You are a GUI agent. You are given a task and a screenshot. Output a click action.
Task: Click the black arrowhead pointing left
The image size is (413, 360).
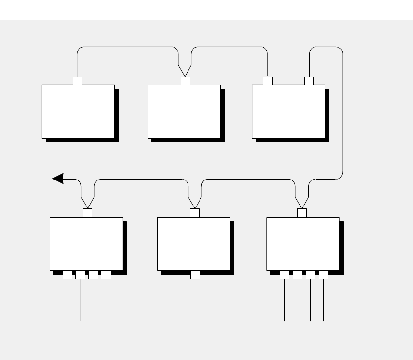pyautogui.click(x=58, y=179)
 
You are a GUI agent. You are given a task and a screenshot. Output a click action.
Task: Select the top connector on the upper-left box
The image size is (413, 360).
pyautogui.click(x=77, y=80)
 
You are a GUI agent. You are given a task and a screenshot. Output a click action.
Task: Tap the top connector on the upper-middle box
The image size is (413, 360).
pyautogui.click(x=185, y=80)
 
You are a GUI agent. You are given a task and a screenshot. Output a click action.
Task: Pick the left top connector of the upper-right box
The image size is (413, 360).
pyautogui.click(x=268, y=80)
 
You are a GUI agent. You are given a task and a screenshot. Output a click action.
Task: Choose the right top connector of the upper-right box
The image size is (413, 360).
pyautogui.click(x=309, y=80)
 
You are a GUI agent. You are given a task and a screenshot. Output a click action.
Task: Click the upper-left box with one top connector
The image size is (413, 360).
pyautogui.click(x=78, y=111)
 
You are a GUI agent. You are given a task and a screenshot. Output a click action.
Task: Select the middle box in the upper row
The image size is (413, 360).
pyautogui.click(x=184, y=111)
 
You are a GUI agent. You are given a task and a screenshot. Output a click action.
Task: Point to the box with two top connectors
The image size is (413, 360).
pyautogui.click(x=288, y=111)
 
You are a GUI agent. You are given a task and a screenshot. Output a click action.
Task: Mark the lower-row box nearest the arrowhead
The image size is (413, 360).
pyautogui.click(x=86, y=244)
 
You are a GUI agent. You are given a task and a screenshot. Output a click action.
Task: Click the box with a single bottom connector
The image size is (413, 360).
pyautogui.click(x=194, y=244)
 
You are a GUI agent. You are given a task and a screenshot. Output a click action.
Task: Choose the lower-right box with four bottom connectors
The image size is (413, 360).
pyautogui.click(x=303, y=244)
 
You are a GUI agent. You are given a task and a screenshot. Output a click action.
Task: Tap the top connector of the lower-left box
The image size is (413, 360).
pyautogui.click(x=88, y=213)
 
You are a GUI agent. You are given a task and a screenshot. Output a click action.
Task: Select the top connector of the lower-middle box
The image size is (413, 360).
pyautogui.click(x=195, y=213)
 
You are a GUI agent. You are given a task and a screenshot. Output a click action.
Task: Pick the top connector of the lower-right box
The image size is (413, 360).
pyautogui.click(x=302, y=213)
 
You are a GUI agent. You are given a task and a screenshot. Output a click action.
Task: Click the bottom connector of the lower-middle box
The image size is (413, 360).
pyautogui.click(x=195, y=275)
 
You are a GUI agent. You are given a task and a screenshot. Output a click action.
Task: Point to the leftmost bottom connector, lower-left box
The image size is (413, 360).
pyautogui.click(x=67, y=275)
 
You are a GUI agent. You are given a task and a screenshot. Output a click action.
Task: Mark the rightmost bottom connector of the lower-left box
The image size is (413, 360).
pyautogui.click(x=106, y=275)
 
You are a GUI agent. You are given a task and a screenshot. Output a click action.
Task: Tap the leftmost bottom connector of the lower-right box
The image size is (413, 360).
pyautogui.click(x=285, y=275)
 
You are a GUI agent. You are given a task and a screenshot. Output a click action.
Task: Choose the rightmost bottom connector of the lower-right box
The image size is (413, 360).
pyautogui.click(x=324, y=275)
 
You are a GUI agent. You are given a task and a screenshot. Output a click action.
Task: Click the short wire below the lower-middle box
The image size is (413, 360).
pyautogui.click(x=195, y=286)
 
